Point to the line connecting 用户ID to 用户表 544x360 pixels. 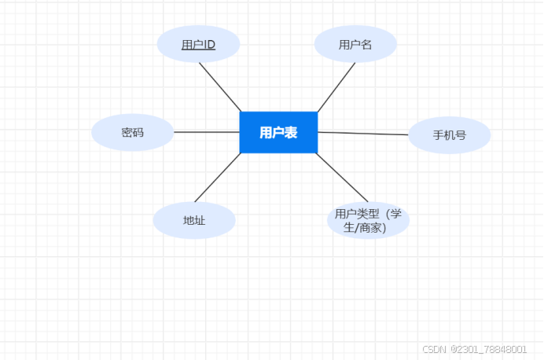pos(220,86)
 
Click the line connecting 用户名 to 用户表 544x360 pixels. pos(336,87)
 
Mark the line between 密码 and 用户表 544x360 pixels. pos(206,132)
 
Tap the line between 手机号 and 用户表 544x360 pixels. pos(363,134)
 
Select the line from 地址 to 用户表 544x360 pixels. pos(217,178)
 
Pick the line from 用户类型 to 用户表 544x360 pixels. pos(342,178)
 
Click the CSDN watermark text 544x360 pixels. pos(434,349)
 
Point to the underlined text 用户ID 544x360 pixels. pos(198,45)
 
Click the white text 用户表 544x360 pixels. pos(278,133)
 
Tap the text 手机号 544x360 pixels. pos(450,135)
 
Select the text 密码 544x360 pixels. pos(132,133)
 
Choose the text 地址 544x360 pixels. pos(194,221)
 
